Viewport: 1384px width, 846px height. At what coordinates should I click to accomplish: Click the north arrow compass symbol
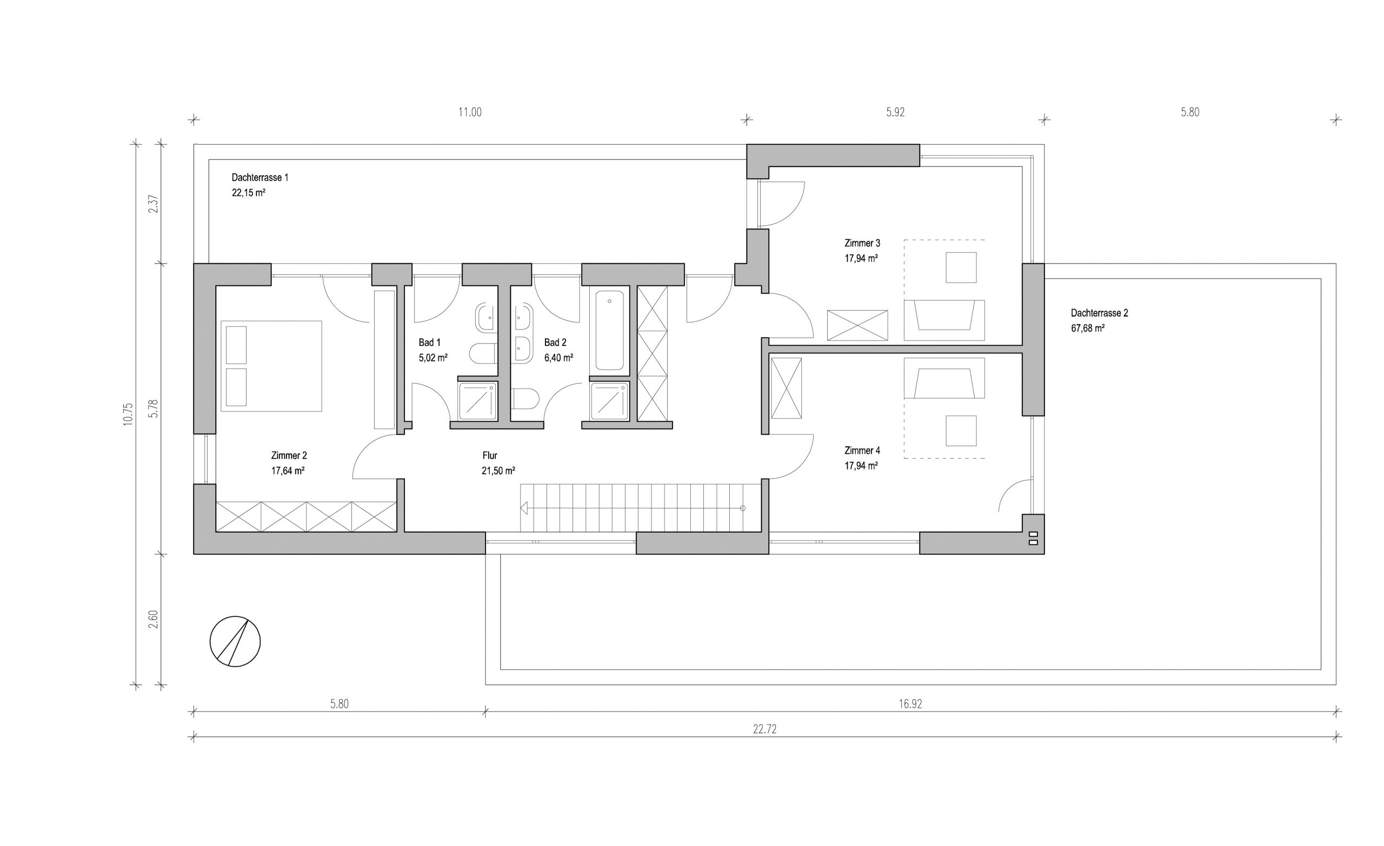click(x=235, y=642)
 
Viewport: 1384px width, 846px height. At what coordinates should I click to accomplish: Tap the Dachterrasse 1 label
click(x=260, y=178)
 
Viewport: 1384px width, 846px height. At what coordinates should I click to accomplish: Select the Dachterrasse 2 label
click(x=1099, y=313)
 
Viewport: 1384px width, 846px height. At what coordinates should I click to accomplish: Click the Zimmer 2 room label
click(x=289, y=456)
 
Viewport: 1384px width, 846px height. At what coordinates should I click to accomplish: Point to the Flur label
click(x=490, y=456)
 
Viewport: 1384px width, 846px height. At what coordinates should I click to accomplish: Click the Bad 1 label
click(x=430, y=343)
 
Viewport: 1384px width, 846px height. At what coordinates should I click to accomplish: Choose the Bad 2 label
click(x=556, y=343)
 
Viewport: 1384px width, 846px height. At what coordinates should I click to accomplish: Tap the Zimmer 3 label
click(x=862, y=243)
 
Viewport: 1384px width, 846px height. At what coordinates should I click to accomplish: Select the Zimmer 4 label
click(x=862, y=450)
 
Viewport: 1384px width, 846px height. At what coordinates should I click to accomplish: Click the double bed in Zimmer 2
click(x=271, y=366)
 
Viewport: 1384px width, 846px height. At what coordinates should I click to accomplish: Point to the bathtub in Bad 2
click(x=609, y=330)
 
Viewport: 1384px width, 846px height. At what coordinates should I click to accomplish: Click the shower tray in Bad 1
click(x=477, y=401)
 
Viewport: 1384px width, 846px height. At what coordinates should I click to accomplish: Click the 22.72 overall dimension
click(x=764, y=729)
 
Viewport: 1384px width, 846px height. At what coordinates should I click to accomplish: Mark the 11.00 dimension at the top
click(x=470, y=112)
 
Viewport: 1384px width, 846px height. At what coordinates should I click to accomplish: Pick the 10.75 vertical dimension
click(x=129, y=414)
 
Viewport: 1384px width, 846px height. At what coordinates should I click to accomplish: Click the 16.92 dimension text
click(x=910, y=704)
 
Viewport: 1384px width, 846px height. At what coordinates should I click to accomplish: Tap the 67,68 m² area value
click(x=1087, y=328)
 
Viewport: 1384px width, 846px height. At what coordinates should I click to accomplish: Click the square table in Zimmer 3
click(x=961, y=267)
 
